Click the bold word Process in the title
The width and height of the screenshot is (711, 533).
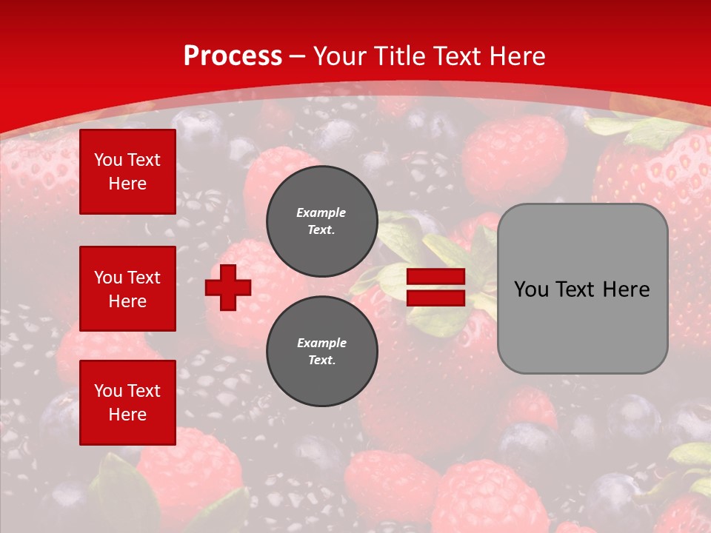(233, 56)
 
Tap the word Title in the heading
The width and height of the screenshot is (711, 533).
(397, 56)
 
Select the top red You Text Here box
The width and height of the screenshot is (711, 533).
(127, 172)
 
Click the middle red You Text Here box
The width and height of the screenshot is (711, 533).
(127, 289)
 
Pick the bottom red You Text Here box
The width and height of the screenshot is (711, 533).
(127, 403)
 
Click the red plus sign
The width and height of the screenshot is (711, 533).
(228, 288)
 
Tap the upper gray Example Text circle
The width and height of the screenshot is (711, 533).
(321, 221)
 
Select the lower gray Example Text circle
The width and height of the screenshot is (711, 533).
(321, 351)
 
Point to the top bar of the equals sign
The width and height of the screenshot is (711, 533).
(435, 277)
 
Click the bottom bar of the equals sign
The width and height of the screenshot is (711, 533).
(435, 298)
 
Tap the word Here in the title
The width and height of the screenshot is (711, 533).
(516, 56)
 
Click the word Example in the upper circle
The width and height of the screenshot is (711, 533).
(321, 212)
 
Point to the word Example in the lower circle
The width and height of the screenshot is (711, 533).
(321, 343)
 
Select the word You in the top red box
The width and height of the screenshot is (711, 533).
(108, 160)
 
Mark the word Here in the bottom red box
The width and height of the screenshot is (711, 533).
(127, 415)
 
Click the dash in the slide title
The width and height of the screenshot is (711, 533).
(298, 56)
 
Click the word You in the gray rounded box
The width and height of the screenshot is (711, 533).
(531, 289)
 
